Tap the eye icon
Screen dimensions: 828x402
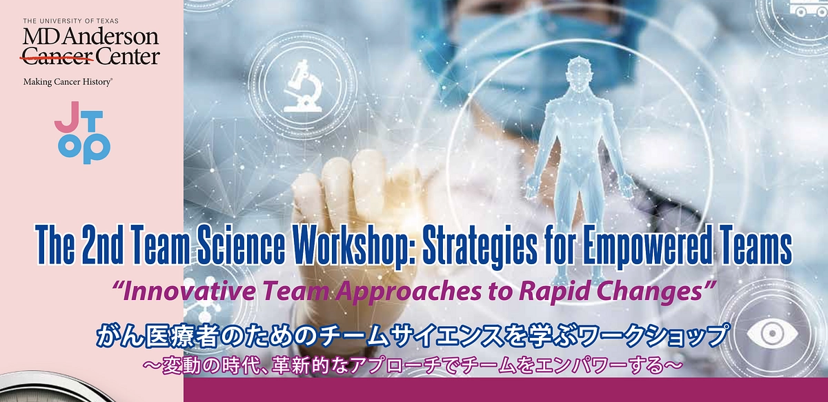coord(772,334)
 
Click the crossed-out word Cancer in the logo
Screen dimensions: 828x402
coord(58,57)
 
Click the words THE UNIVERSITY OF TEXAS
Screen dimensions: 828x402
coord(70,21)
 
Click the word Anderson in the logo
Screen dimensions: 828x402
coord(112,37)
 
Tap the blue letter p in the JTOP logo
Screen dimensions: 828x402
coord(97,148)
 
